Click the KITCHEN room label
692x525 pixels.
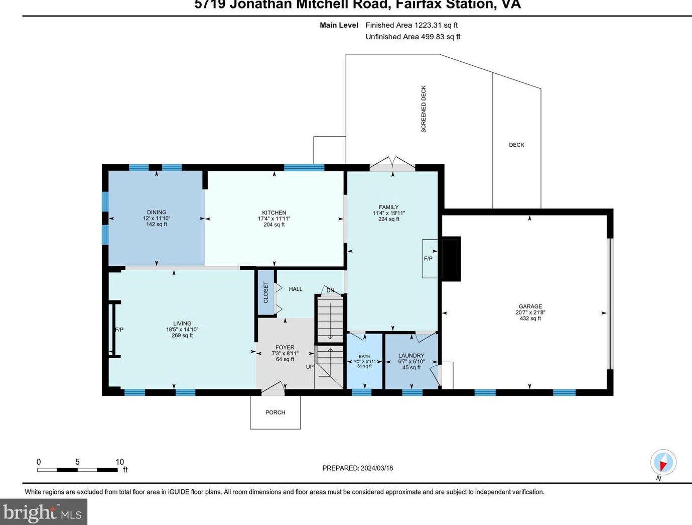(x=274, y=213)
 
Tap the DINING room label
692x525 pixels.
(x=157, y=212)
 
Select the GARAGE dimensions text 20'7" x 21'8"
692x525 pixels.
(x=530, y=312)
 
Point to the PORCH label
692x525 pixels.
(x=275, y=412)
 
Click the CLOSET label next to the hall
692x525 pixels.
(x=266, y=292)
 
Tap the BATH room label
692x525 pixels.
(x=364, y=357)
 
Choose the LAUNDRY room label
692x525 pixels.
(x=411, y=356)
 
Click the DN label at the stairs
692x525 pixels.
(x=330, y=290)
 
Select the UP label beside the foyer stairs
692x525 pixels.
(x=310, y=367)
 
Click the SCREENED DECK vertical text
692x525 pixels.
(x=424, y=109)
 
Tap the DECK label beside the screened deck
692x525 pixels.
(x=516, y=145)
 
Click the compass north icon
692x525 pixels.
(x=663, y=462)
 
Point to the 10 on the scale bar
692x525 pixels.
(x=119, y=462)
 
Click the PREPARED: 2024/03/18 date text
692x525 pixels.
(x=357, y=468)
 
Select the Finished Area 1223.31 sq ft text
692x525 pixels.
(x=411, y=25)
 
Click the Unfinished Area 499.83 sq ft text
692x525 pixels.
(x=412, y=37)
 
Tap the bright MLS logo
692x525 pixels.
(x=43, y=512)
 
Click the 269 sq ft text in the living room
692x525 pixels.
(x=182, y=335)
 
